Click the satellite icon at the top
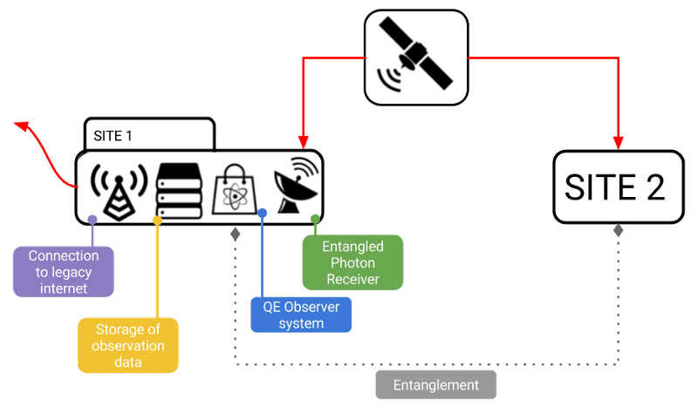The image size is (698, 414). point(415,58)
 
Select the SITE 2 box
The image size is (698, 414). point(618,187)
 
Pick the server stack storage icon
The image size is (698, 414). point(179,187)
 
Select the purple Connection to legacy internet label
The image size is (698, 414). point(64,270)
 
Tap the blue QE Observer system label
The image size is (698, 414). point(300,315)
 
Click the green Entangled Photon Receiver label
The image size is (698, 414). point(352,262)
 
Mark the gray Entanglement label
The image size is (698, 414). point(435,384)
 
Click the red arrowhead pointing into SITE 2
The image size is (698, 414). point(619,142)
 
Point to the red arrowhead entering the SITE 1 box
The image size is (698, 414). point(303,141)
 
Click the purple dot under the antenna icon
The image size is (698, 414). point(92,218)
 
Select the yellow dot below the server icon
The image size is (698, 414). point(157,221)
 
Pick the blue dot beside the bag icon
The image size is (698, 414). point(262,213)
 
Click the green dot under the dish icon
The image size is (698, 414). point(315,218)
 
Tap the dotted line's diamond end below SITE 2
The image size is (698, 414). point(618,231)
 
